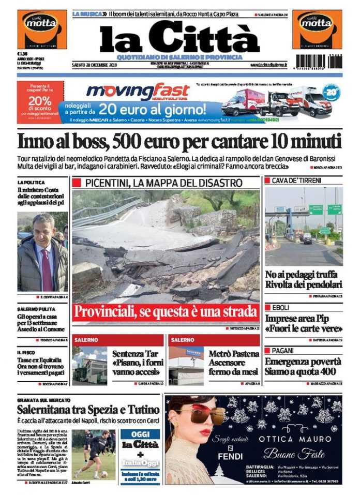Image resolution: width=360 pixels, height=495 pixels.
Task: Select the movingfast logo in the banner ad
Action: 138,93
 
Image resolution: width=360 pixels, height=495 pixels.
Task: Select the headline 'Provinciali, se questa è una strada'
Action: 166,312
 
